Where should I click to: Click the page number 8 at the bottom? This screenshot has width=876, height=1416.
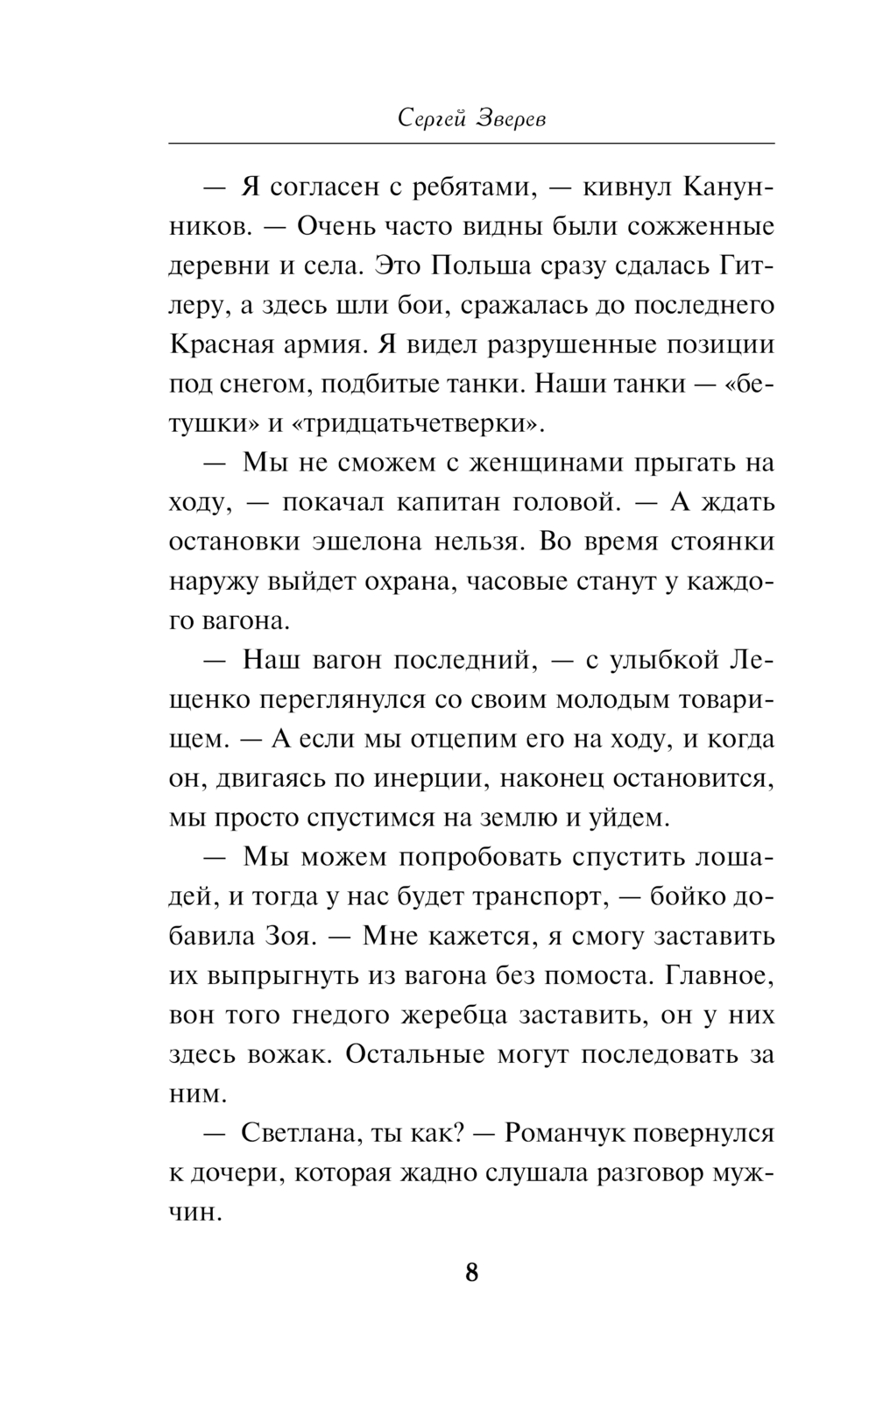coord(471,1271)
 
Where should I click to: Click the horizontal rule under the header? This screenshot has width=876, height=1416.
coord(471,143)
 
